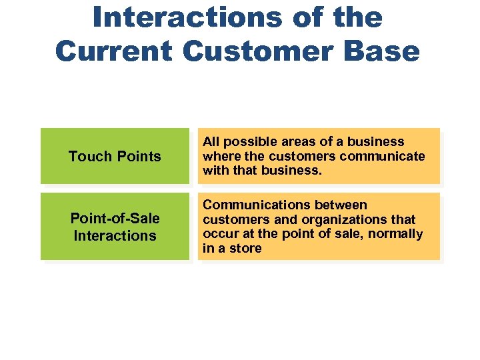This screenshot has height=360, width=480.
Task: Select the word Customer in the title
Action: pos(265,51)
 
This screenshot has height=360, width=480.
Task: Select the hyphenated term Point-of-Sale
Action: pos(115,219)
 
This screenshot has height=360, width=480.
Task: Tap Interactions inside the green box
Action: pos(115,236)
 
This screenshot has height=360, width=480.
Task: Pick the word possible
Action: pos(247,142)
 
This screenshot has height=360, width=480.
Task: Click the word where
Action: pos(221,157)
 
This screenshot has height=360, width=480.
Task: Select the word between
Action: pos(341,205)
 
